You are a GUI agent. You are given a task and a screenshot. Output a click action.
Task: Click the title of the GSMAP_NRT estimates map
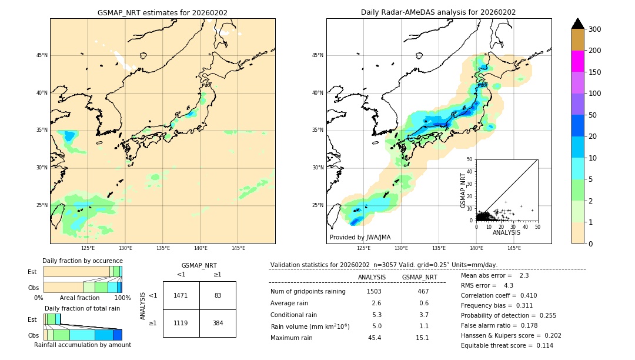point(162,12)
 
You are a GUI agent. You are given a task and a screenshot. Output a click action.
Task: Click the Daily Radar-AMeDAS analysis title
point(438,12)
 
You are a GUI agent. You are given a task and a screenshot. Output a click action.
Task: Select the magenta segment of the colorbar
point(577,61)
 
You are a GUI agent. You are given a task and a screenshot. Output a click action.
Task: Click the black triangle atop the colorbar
point(577,24)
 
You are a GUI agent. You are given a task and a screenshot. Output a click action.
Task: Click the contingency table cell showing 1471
point(181,295)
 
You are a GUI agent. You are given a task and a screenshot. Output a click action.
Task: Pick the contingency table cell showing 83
point(218,295)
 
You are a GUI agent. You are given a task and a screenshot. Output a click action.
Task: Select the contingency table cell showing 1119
point(181,323)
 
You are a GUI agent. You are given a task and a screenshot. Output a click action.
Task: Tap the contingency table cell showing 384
point(218,323)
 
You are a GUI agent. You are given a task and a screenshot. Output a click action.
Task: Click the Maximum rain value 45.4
point(374,338)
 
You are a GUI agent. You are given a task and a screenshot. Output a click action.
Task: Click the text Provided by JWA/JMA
point(360,237)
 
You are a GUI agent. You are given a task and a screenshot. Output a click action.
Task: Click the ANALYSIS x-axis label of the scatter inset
point(506,232)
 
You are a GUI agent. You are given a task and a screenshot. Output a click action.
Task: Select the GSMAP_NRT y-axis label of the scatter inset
point(463,190)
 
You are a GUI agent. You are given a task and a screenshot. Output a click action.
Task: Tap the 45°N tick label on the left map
point(42,55)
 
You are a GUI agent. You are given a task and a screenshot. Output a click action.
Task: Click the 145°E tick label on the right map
point(513,248)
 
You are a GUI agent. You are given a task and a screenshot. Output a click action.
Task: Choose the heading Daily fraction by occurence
point(82,261)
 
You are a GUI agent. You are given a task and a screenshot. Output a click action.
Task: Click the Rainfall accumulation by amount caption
point(82,345)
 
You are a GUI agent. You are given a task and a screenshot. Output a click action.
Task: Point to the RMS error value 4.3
point(509,285)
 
